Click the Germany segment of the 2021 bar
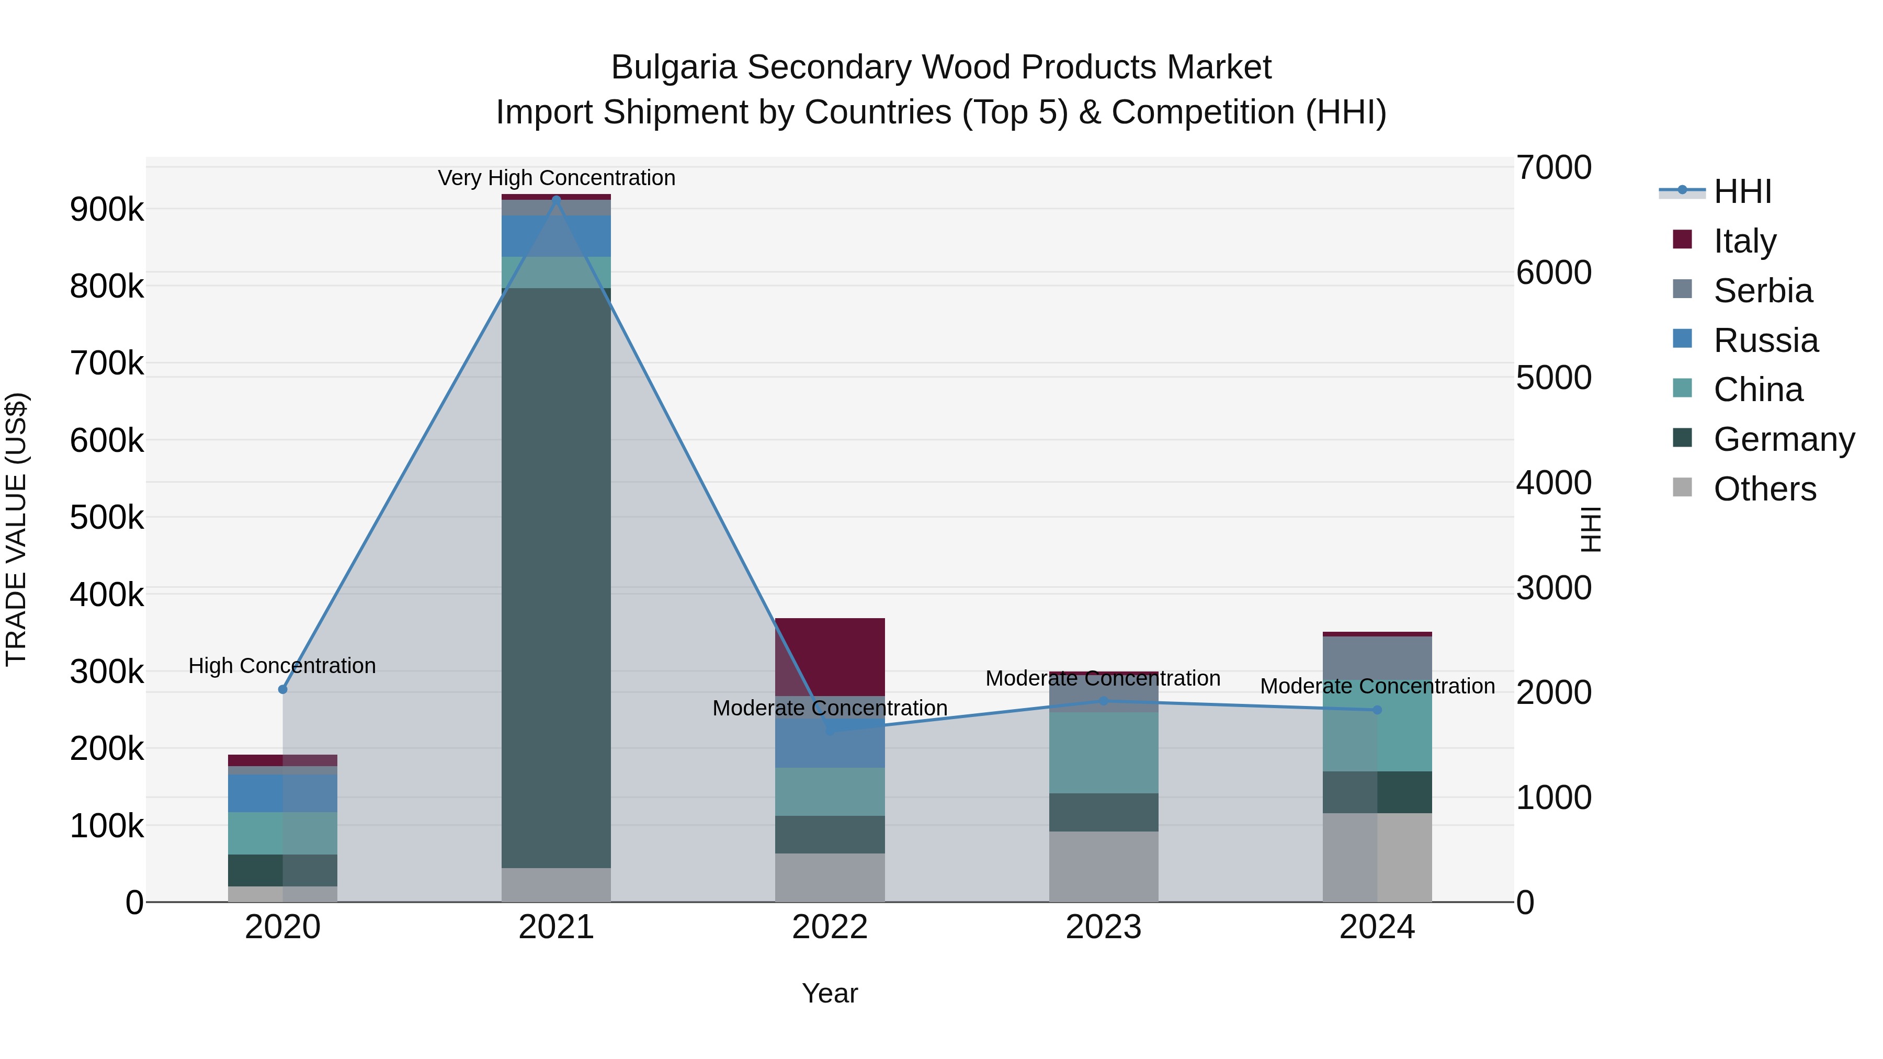tap(557, 577)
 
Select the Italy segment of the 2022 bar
tap(830, 656)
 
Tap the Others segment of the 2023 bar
tap(1104, 866)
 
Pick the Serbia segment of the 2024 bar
tap(1377, 658)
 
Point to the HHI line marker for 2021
tap(557, 199)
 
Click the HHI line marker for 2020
tap(283, 689)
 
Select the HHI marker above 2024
tap(1377, 710)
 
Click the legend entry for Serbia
tap(1762, 291)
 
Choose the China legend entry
tap(1757, 390)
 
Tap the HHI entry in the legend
tap(1742, 191)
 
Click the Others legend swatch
tap(1682, 487)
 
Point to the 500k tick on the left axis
tap(107, 517)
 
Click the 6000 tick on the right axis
tap(1553, 272)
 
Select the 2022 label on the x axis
tap(830, 927)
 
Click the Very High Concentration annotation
tap(557, 178)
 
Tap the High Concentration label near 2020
tap(282, 666)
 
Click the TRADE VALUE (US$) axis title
tap(16, 529)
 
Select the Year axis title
tap(830, 993)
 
